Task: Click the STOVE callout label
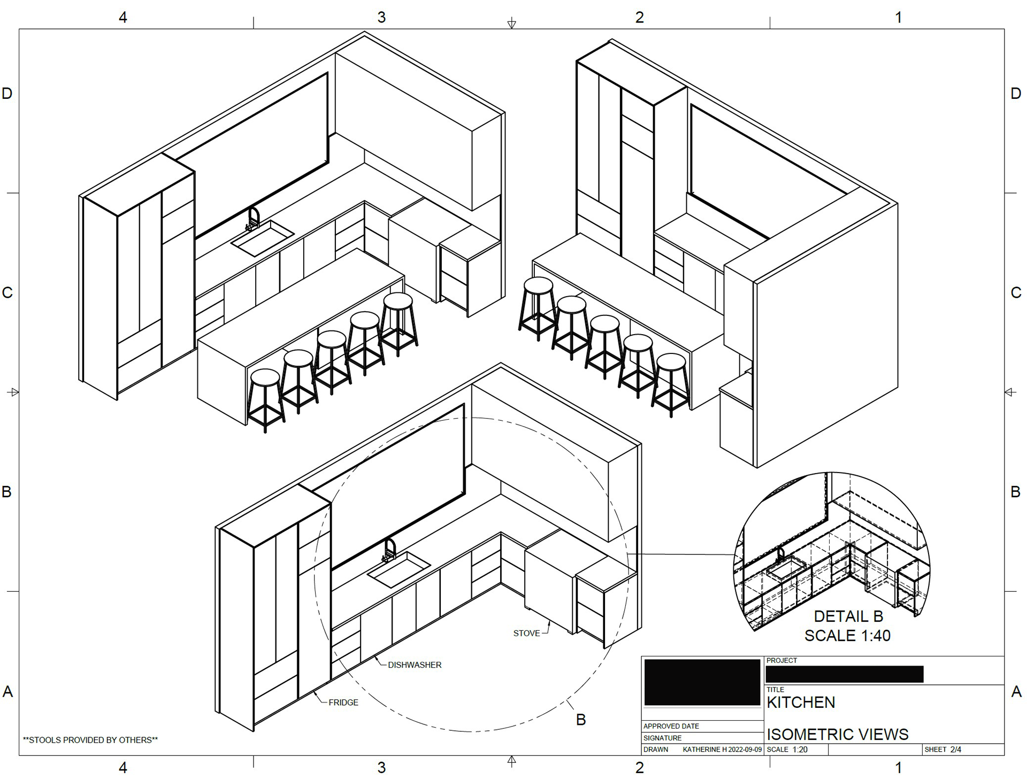[x=526, y=633]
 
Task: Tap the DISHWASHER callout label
[x=415, y=665]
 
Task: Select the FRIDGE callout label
[x=343, y=702]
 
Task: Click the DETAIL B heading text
[x=848, y=616]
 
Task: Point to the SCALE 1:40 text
[x=847, y=636]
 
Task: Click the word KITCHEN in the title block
[x=801, y=702]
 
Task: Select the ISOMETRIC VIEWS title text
[x=838, y=735]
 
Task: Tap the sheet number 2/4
[x=956, y=750]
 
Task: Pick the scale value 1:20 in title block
[x=800, y=750]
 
